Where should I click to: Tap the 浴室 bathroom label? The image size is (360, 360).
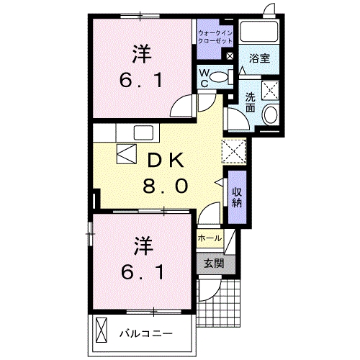(260, 58)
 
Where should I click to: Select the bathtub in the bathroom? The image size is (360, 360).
(261, 32)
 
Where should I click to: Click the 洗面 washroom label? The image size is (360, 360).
(250, 103)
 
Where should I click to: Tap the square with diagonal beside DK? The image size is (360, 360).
(126, 154)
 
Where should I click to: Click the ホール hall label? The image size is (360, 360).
(209, 238)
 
